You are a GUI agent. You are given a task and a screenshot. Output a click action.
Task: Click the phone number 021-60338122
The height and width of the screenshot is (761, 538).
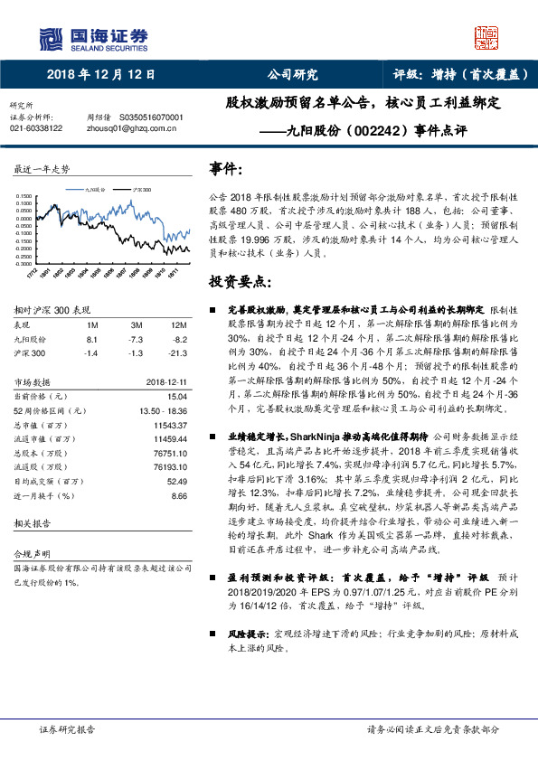tap(36, 128)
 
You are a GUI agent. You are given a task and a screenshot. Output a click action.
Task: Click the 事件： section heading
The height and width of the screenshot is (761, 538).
tap(226, 169)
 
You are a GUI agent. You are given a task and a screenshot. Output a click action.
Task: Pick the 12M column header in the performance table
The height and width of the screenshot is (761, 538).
tap(178, 324)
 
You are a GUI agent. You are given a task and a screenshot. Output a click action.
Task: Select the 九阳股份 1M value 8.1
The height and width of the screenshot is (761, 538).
tap(90, 338)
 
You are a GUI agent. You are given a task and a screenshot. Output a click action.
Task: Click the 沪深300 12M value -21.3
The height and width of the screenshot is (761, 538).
tap(177, 352)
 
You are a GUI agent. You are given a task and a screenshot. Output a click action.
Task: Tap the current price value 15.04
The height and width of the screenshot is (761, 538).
tap(177, 396)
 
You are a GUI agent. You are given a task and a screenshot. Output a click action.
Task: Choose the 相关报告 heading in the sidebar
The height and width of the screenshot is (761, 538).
tap(31, 523)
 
